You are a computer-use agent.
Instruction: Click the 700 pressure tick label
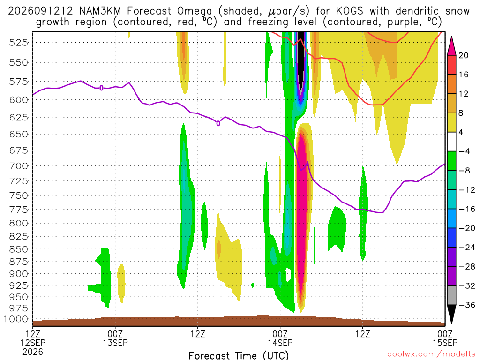tap(19, 166)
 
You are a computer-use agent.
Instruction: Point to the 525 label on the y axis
tap(19, 43)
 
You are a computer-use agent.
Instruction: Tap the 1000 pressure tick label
tap(16, 319)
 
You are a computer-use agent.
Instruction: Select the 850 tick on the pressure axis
tap(19, 249)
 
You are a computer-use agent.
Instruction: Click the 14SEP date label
tap(280, 343)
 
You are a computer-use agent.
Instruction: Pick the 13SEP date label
tap(115, 343)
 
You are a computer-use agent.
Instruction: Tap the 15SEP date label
tap(445, 343)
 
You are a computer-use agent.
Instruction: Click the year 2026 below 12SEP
tap(33, 352)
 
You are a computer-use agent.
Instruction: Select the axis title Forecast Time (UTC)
tap(239, 355)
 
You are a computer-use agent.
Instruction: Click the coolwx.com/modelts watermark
tap(431, 354)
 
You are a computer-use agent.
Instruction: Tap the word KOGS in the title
tap(349, 11)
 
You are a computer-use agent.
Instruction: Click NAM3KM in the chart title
tap(100, 11)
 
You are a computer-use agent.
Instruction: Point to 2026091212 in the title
tap(40, 11)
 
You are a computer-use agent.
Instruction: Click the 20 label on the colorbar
tap(463, 55)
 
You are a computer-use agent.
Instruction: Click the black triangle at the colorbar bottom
tap(451, 314)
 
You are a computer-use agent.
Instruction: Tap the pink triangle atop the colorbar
tap(451, 46)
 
